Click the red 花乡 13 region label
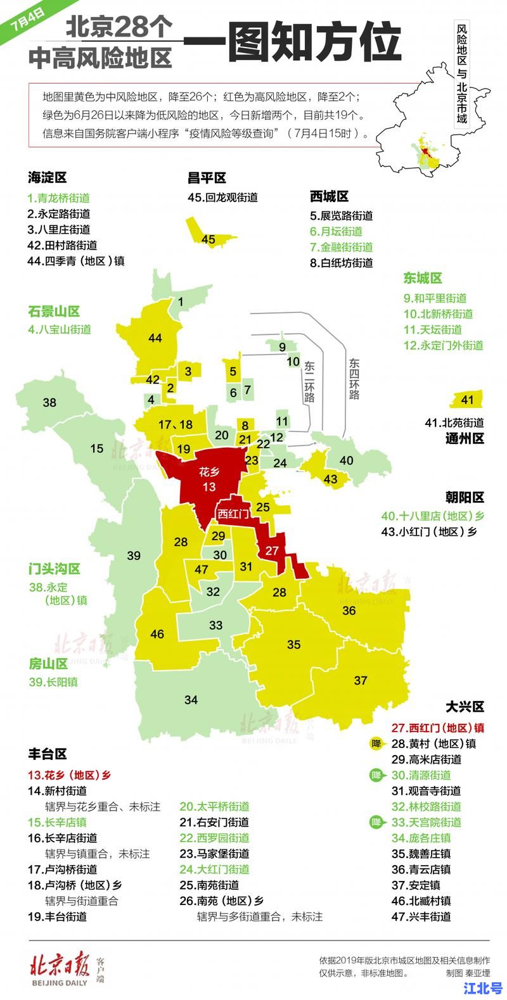(209, 479)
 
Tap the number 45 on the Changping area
(208, 239)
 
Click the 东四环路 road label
(354, 379)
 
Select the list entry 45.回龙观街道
(223, 197)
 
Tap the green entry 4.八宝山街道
(60, 329)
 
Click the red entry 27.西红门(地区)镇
(437, 728)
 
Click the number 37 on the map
(361, 681)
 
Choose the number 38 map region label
(49, 402)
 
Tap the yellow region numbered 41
(467, 400)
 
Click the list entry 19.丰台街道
(57, 916)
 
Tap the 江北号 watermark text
(482, 988)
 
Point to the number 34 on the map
(191, 700)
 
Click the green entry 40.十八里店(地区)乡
(432, 516)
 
